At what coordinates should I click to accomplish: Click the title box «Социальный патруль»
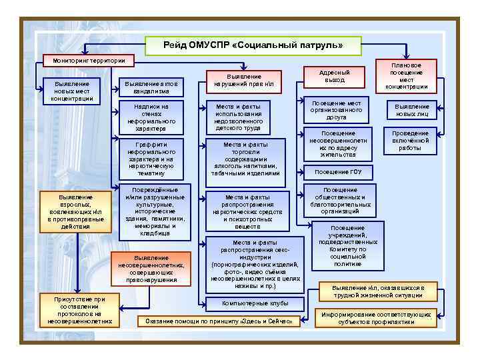click(253, 45)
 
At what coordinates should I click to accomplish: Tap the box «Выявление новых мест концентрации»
click(71, 90)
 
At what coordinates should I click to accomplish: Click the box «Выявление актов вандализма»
click(151, 87)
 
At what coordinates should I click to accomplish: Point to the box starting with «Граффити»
click(151, 158)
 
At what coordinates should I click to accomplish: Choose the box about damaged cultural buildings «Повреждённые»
click(151, 211)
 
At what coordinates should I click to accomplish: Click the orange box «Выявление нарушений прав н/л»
click(244, 81)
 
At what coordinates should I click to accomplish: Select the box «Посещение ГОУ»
click(338, 171)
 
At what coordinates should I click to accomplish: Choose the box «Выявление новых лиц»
click(411, 110)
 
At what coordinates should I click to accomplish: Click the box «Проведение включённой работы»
click(410, 140)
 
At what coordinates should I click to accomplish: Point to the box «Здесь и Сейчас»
click(219, 321)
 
